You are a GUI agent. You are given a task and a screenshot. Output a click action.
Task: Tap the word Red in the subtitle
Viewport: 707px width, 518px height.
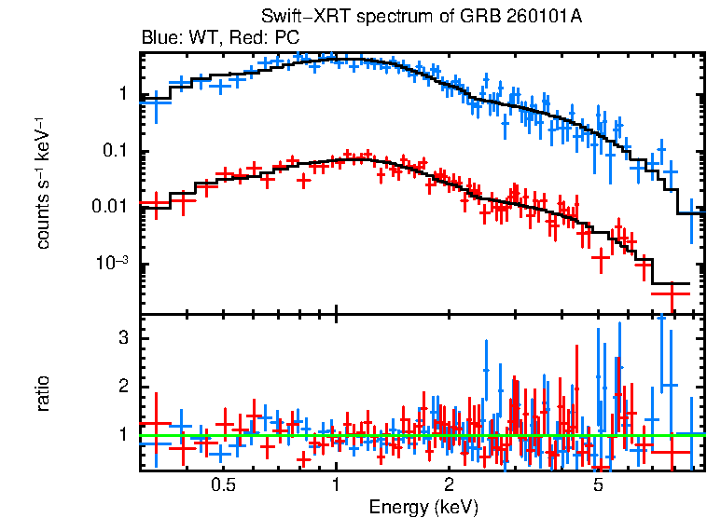[x=240, y=38]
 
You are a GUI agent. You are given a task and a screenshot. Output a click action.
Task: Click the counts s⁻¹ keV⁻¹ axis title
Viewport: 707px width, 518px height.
[x=43, y=184]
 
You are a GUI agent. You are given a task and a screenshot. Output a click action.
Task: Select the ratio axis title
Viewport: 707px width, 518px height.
[x=43, y=393]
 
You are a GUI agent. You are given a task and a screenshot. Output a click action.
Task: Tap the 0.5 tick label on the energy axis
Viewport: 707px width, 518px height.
[x=222, y=485]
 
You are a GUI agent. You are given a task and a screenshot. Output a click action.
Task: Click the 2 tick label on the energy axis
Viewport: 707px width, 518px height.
[x=449, y=485]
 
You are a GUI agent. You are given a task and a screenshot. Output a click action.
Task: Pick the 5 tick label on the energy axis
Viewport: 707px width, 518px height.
[x=598, y=485]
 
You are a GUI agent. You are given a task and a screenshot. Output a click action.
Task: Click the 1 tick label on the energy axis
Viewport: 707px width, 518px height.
[x=336, y=485]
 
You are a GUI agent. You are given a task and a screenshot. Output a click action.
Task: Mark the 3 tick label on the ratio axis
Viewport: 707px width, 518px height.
[x=121, y=338]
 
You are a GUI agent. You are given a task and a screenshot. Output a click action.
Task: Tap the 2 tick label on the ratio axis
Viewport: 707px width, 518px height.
[x=121, y=387]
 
